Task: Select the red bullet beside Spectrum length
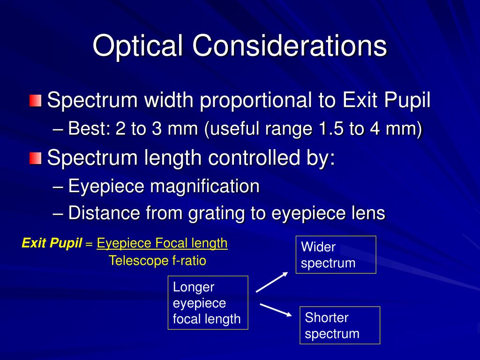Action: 35,158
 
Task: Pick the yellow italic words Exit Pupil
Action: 52,243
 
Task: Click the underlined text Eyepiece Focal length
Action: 162,243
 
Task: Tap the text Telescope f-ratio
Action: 157,261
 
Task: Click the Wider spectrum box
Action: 336,255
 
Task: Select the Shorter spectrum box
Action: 339,325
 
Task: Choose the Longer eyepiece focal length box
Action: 208,303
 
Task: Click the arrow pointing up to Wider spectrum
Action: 271,282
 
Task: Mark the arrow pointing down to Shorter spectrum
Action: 276,310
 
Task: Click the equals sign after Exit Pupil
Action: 89,244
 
